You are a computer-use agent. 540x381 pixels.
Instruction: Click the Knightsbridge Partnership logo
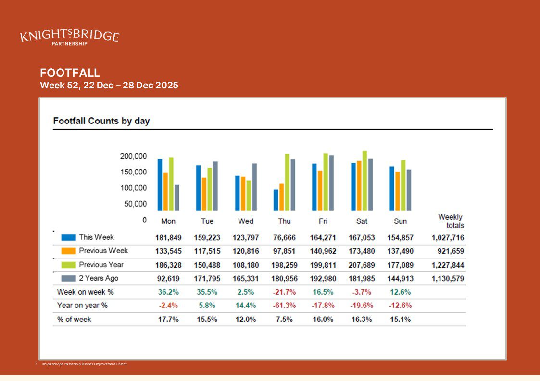(x=70, y=37)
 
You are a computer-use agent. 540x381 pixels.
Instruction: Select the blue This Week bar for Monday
(x=160, y=185)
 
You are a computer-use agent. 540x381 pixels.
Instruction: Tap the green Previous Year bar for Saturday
(x=364, y=181)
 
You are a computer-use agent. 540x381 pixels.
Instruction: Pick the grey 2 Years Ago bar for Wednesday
(x=254, y=187)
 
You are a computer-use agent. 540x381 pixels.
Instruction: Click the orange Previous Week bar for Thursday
(x=282, y=197)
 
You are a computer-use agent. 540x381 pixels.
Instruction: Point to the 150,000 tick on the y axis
(x=133, y=172)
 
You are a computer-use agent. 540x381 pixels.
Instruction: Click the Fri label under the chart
(x=323, y=221)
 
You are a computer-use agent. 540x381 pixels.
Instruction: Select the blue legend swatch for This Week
(x=68, y=237)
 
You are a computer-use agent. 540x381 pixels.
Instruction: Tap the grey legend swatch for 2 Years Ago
(x=68, y=279)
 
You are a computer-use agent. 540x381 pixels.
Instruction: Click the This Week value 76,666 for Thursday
(x=284, y=238)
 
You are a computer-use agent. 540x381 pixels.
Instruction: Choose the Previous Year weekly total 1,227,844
(x=448, y=265)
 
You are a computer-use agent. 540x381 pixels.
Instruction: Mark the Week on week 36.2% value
(x=168, y=292)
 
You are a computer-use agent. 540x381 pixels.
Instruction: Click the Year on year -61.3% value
(x=284, y=306)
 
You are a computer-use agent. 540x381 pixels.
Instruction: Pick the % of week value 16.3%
(x=362, y=319)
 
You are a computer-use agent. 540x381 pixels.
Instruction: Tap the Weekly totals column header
(x=451, y=221)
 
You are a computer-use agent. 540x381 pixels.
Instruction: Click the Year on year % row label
(x=82, y=306)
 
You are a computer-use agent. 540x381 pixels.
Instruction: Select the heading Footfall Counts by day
(x=101, y=121)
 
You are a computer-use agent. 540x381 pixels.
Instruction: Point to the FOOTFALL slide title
(x=70, y=73)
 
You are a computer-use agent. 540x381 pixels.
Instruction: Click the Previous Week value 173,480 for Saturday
(x=362, y=251)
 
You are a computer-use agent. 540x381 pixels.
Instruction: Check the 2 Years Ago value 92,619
(x=168, y=279)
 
